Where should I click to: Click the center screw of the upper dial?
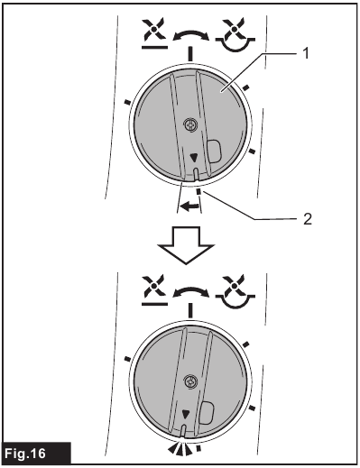pyautogui.click(x=189, y=126)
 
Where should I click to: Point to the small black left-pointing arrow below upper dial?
pyautogui.click(x=189, y=206)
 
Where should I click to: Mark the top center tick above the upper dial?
pyautogui.click(x=189, y=54)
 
